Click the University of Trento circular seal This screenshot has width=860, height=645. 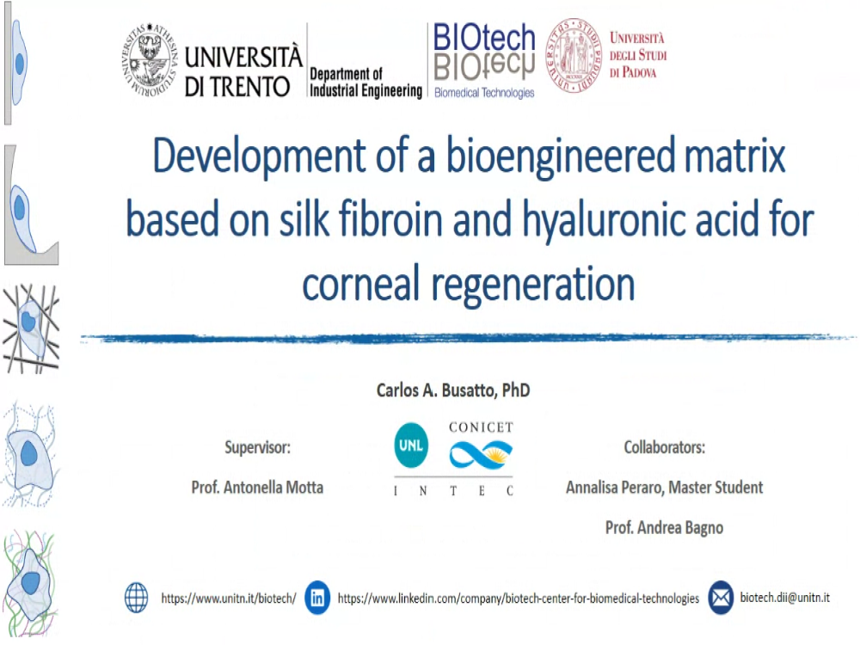(x=150, y=60)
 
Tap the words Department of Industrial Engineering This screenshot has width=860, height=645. (x=365, y=83)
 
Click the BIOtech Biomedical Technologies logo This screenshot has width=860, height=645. (x=483, y=61)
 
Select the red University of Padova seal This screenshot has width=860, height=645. (x=574, y=55)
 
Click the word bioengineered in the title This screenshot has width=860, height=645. (x=560, y=157)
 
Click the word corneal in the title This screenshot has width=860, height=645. (x=361, y=284)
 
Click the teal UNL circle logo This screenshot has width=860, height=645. (x=411, y=445)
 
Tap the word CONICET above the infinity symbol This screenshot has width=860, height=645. (x=481, y=427)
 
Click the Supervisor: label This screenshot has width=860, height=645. (x=257, y=447)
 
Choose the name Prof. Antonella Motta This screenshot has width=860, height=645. (x=257, y=487)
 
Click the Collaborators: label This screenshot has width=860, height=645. (x=664, y=447)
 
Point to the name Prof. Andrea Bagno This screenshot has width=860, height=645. (x=664, y=528)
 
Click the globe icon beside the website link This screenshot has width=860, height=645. (x=137, y=598)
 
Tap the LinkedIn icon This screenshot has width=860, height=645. (x=317, y=598)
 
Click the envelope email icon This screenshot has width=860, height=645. (x=721, y=598)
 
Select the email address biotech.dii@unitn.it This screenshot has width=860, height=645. (x=785, y=598)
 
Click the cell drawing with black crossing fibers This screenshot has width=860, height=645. (x=31, y=328)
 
